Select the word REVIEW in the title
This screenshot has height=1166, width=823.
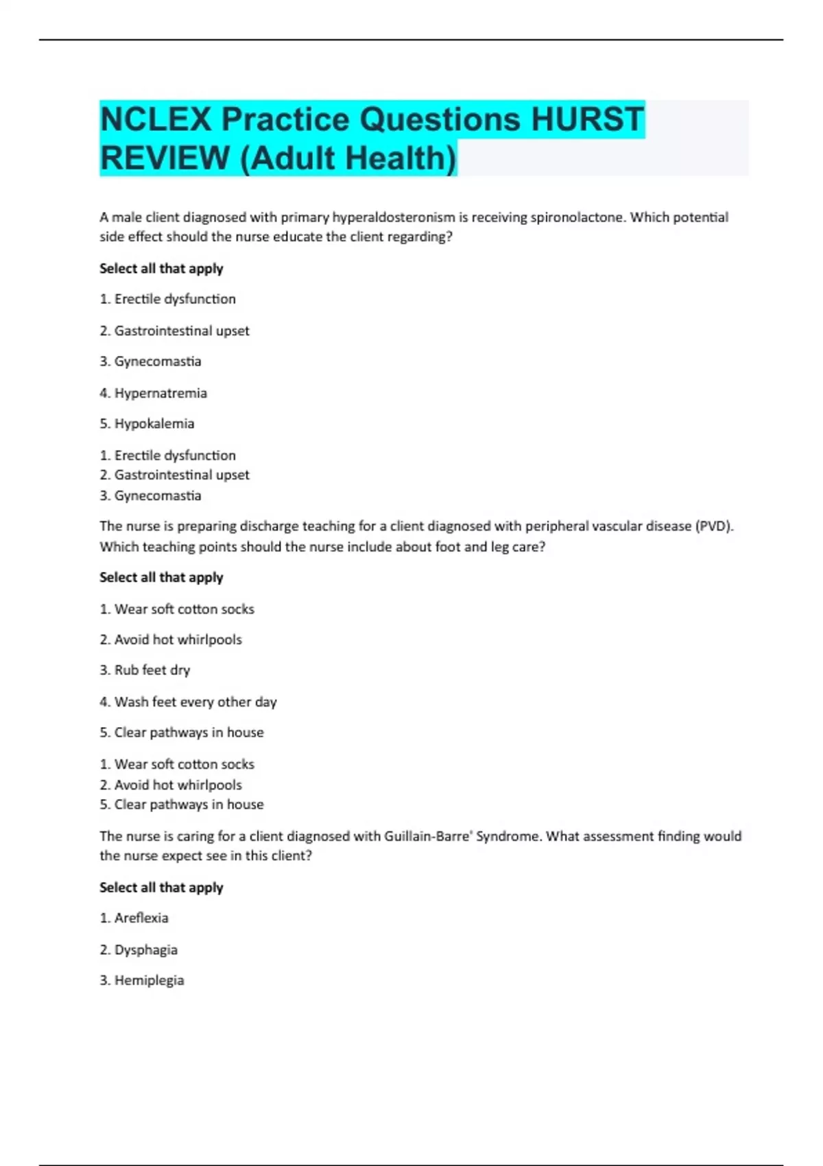tap(165, 158)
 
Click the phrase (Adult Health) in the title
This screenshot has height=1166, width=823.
tap(348, 158)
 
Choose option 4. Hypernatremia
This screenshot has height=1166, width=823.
tap(154, 393)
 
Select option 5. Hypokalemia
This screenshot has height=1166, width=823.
tap(147, 424)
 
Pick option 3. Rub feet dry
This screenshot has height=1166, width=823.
tap(145, 670)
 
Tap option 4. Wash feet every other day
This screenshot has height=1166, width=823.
tap(189, 702)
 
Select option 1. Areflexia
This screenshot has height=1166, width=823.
tap(134, 918)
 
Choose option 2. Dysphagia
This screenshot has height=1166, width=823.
tap(139, 950)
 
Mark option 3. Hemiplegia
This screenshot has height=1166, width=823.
tap(142, 980)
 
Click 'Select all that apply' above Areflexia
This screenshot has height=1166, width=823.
tap(161, 888)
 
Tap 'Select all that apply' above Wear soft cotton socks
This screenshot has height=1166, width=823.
tap(161, 578)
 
